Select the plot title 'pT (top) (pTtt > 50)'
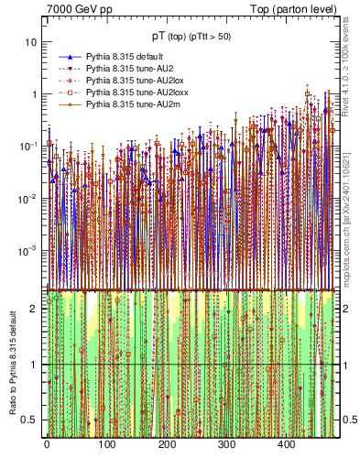(191, 36)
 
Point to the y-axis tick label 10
(32, 42)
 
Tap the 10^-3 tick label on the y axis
(29, 249)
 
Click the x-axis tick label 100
(106, 444)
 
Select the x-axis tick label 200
(167, 444)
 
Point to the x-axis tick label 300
(227, 444)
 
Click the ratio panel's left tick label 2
(35, 309)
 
